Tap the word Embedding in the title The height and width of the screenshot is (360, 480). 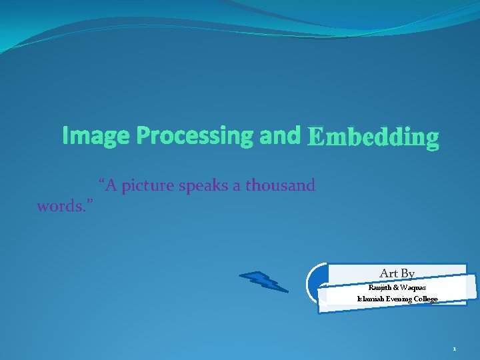tap(373, 137)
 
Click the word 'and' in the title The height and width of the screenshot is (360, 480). tap(279, 135)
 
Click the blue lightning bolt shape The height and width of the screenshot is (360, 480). tap(263, 281)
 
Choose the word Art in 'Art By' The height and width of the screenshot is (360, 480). tap(389, 273)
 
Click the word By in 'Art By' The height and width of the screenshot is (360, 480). tap(407, 273)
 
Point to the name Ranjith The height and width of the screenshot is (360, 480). tap(381, 287)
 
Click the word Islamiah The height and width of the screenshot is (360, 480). tap(371, 299)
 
